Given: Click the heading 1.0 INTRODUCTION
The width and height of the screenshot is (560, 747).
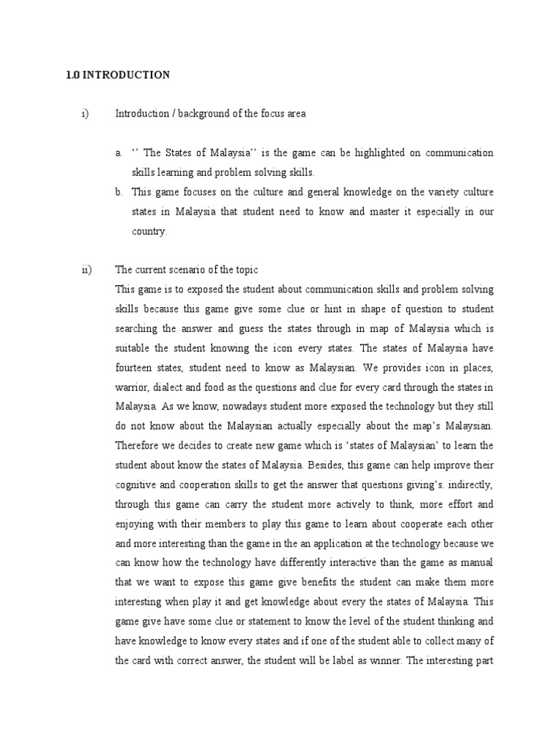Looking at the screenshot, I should click(x=117, y=75).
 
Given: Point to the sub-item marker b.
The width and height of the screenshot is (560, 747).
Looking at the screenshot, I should click(x=118, y=193).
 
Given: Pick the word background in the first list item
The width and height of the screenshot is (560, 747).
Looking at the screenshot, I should click(x=198, y=114).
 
